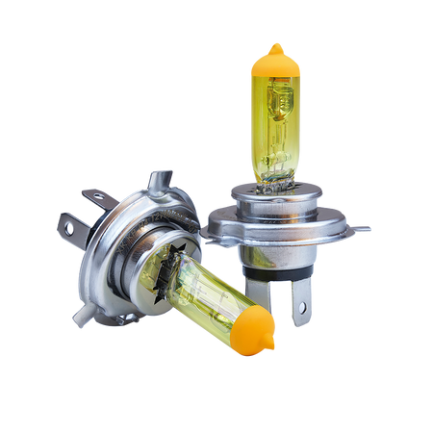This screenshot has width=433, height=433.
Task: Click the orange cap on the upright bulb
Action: coord(274,64)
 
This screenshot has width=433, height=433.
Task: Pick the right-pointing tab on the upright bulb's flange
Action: coord(361,229)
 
